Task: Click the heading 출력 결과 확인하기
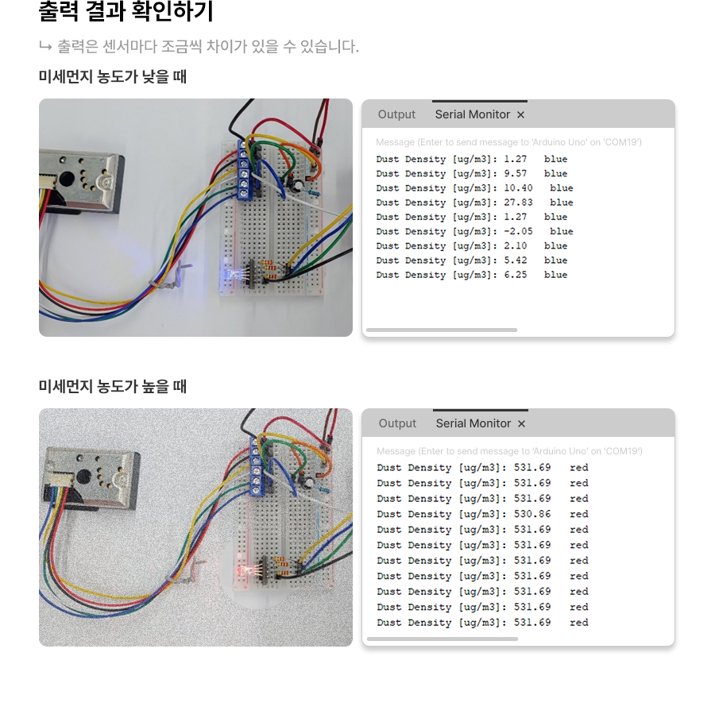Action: point(126,13)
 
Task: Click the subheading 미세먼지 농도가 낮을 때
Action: point(112,77)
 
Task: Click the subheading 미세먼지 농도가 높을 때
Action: point(112,387)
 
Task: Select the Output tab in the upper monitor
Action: point(396,114)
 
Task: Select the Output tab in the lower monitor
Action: point(397,423)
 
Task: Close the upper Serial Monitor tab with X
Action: point(521,115)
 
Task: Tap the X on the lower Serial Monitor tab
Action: point(522,424)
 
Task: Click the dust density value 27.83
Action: point(518,203)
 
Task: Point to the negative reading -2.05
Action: point(518,231)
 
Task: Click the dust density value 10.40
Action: point(518,188)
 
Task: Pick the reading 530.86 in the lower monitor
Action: point(532,514)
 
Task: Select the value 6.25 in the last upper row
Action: point(515,275)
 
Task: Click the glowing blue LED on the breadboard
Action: point(231,276)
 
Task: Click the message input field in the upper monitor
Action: point(508,142)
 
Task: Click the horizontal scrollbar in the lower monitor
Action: point(442,639)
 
